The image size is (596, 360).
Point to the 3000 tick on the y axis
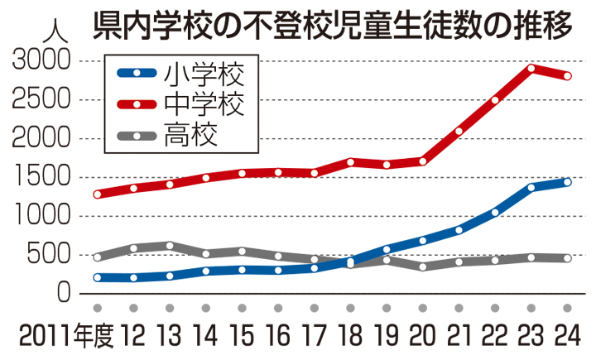[x=41, y=62]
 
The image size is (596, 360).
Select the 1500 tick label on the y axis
[x=41, y=177]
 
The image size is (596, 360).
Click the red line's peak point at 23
[x=531, y=68]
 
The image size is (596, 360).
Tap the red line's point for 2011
[x=98, y=194]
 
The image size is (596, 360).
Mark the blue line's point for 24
[x=568, y=181]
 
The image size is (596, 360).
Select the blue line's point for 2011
[x=98, y=278]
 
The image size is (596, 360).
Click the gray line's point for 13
[x=170, y=246]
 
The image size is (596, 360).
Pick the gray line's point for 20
[x=422, y=266]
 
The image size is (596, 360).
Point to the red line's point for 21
[x=459, y=131]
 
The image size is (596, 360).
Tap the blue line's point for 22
[x=495, y=213]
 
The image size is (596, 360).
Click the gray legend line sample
[x=137, y=135]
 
